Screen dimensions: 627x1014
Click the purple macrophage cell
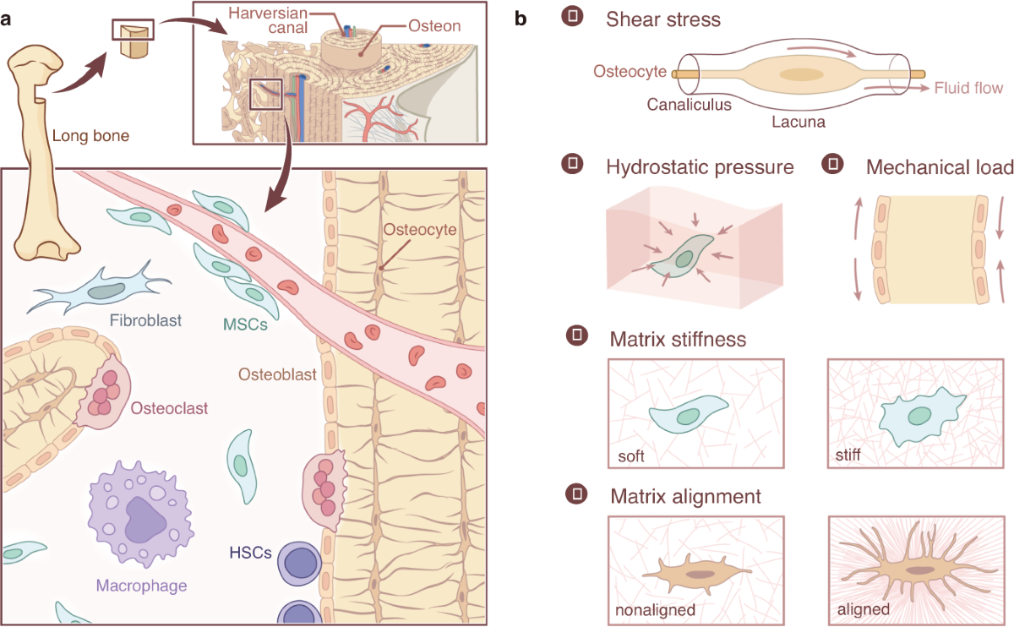click(139, 516)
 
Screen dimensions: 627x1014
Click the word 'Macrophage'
click(141, 585)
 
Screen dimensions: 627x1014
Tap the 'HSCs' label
click(249, 553)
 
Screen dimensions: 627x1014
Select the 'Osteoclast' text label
click(170, 409)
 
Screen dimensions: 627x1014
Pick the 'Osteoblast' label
click(281, 373)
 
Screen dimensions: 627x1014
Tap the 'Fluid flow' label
click(968, 88)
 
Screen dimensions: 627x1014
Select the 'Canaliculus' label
click(690, 106)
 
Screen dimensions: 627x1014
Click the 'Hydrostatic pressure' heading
click(700, 167)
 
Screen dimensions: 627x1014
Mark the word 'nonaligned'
click(655, 609)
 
